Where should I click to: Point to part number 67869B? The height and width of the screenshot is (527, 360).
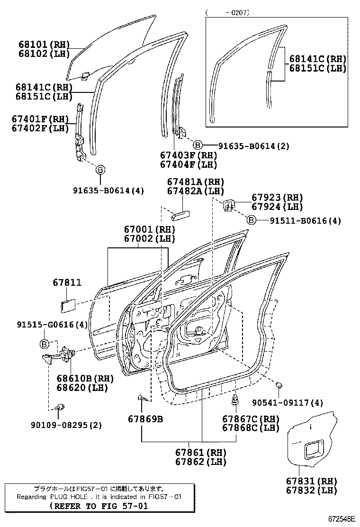(x=145, y=419)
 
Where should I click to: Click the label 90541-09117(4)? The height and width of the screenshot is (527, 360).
(x=288, y=403)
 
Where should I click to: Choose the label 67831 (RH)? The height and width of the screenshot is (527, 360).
(x=312, y=481)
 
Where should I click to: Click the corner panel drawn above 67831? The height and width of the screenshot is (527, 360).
(x=313, y=438)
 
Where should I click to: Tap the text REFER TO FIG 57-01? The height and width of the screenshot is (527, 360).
(x=99, y=506)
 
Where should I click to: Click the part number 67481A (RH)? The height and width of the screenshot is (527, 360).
(x=195, y=182)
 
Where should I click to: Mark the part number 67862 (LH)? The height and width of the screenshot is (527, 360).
(x=200, y=462)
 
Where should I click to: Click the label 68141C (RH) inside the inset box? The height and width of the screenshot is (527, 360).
(x=318, y=59)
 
